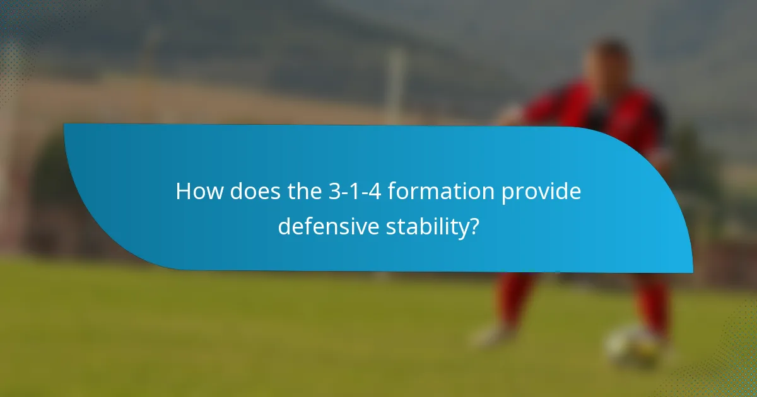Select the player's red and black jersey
[606, 113]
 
